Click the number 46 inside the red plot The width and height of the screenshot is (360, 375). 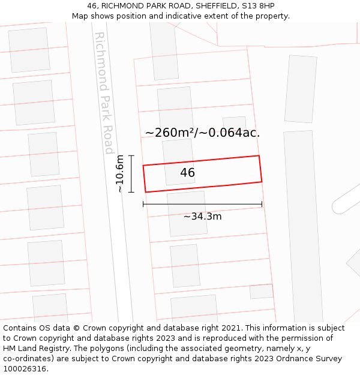tap(187, 173)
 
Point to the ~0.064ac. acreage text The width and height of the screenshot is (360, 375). tap(232, 133)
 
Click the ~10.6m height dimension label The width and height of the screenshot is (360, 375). tap(120, 173)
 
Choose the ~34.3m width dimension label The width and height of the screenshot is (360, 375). tap(202, 216)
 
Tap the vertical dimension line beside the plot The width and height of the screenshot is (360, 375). tap(131, 173)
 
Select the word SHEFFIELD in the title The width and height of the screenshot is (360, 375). tap(214, 6)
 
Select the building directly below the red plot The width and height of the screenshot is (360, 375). tap(187, 214)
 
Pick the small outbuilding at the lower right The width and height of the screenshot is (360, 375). tap(262, 292)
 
